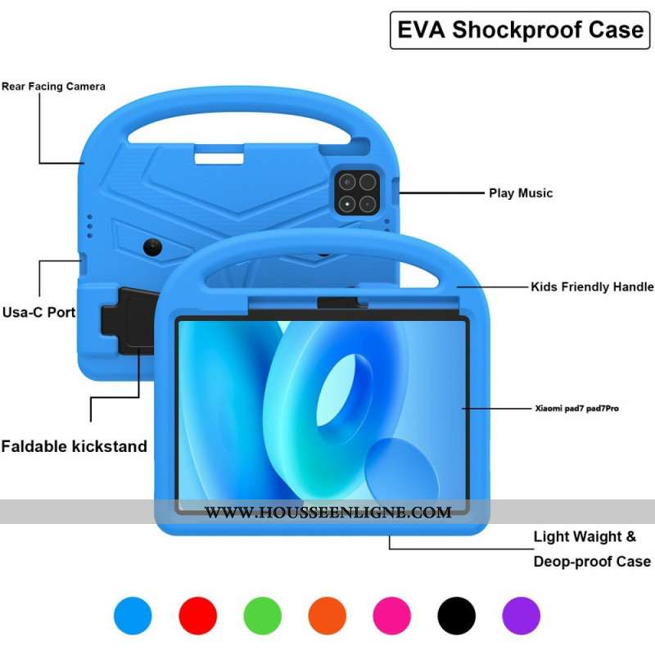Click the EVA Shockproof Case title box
520,30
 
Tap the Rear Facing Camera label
53,86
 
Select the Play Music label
521,193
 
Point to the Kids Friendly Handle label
592,287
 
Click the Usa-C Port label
38,312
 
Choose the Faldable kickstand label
74,446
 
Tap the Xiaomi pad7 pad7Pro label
576,407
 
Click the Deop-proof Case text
592,562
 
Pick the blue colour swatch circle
133,615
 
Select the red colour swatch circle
197,615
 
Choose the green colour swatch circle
262,615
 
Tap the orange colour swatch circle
327,615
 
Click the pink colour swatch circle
391,615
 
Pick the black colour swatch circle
456,615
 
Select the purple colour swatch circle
521,615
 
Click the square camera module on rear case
356,193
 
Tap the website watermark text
327,513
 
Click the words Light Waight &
584,537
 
